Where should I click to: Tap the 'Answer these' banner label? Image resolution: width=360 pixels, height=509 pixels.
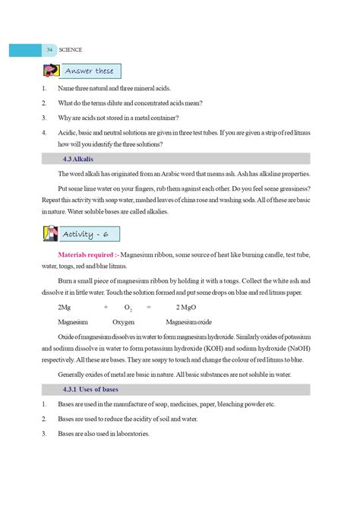point(89,71)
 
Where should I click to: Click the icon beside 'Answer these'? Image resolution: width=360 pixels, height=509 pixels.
point(51,71)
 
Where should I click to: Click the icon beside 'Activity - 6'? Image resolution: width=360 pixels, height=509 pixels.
point(50,233)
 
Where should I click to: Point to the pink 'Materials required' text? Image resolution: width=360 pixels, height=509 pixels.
point(88,255)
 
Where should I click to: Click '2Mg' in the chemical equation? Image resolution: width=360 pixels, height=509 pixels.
point(65,307)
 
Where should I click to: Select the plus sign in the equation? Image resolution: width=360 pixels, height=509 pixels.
point(106,307)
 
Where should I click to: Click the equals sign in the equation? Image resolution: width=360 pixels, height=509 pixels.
point(149,307)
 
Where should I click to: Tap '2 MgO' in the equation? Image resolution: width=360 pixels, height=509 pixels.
point(187,307)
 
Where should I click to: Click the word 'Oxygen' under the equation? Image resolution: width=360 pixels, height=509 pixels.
point(124,322)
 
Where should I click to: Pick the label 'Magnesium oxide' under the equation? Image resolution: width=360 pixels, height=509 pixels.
point(194,322)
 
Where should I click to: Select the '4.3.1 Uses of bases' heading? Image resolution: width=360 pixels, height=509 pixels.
point(90,390)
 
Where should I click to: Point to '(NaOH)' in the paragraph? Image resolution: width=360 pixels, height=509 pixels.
point(296,349)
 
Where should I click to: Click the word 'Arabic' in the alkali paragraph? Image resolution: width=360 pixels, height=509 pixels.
point(178,174)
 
